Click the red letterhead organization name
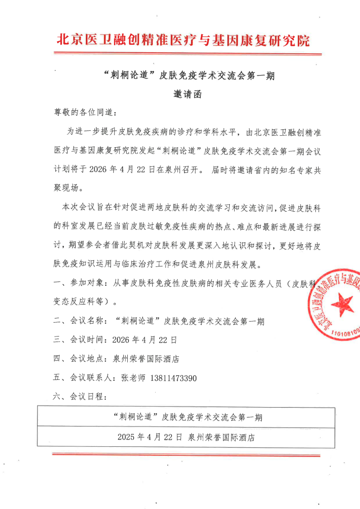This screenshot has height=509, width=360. point(183,40)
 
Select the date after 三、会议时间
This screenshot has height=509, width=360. point(144,340)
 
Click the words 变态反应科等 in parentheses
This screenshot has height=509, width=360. point(81,301)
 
